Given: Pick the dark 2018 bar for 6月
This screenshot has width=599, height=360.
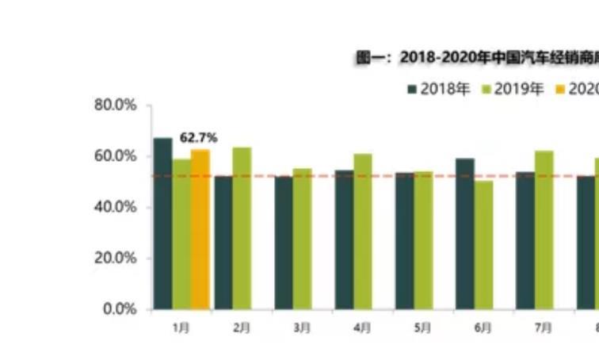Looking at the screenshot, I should click(x=465, y=234).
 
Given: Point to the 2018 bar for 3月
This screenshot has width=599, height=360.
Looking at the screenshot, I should click(x=284, y=243).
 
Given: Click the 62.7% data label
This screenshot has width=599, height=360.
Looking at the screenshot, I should click(x=198, y=138).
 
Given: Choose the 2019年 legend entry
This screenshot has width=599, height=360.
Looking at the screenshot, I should click(x=513, y=89).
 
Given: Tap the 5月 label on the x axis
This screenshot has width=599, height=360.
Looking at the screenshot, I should click(x=422, y=327).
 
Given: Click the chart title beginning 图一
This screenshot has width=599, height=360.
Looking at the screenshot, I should click(x=476, y=57).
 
